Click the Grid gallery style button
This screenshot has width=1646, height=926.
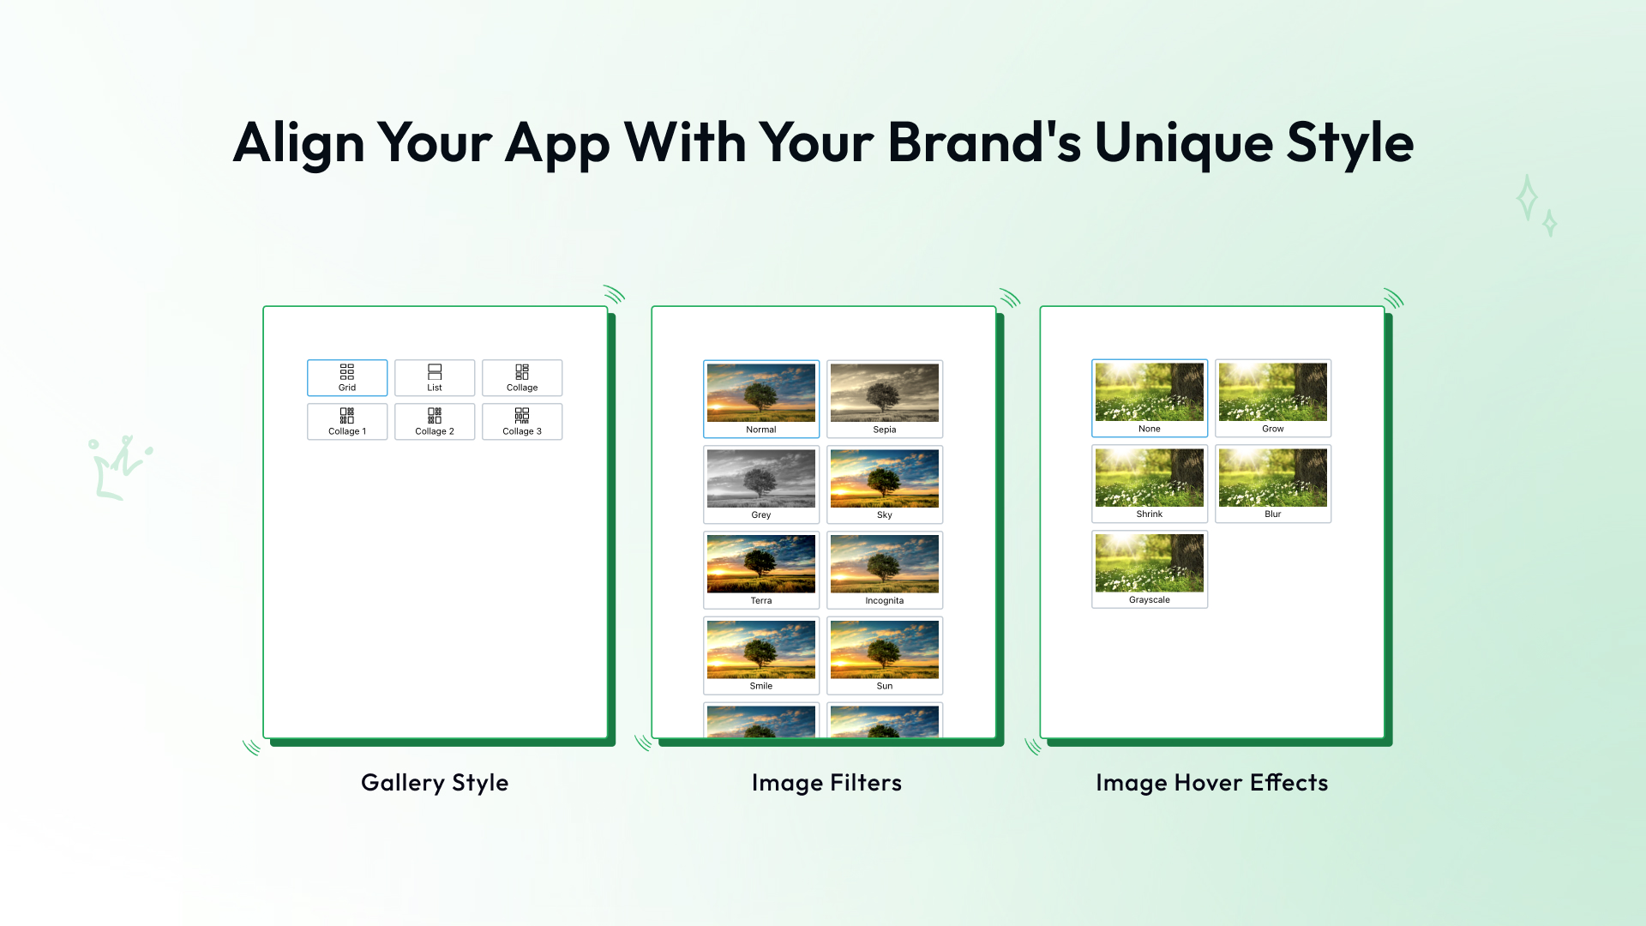pyautogui.click(x=347, y=378)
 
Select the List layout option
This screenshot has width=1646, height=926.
pyautogui.click(x=435, y=378)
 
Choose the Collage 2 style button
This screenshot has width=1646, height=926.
pyautogui.click(x=435, y=422)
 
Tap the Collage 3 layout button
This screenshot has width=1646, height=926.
pyautogui.click(x=522, y=422)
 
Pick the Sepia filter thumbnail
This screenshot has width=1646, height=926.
pyautogui.click(x=885, y=400)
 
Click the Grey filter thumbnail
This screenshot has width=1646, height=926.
pyautogui.click(x=761, y=484)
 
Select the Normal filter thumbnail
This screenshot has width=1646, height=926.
pyautogui.click(x=761, y=400)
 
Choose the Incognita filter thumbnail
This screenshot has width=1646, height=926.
pyautogui.click(x=885, y=570)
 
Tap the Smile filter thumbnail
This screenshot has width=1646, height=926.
pyautogui.click(x=761, y=656)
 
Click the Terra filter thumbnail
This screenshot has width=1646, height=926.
pyautogui.click(x=761, y=570)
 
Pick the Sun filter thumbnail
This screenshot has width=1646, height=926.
pyautogui.click(x=885, y=656)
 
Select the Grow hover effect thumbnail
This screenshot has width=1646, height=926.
pyautogui.click(x=1273, y=399)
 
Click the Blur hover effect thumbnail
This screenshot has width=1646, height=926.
pyautogui.click(x=1273, y=484)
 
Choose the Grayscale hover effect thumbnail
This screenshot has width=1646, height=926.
pyautogui.click(x=1150, y=569)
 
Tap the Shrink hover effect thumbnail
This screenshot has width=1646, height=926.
pyautogui.click(x=1150, y=484)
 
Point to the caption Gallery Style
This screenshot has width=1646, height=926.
pyautogui.click(x=435, y=784)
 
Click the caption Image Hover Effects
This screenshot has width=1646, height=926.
pyautogui.click(x=1212, y=783)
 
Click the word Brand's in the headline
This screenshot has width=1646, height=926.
pyautogui.click(x=985, y=142)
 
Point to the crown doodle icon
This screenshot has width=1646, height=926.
pyautogui.click(x=120, y=467)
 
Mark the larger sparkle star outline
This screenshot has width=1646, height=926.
pyautogui.click(x=1526, y=198)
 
